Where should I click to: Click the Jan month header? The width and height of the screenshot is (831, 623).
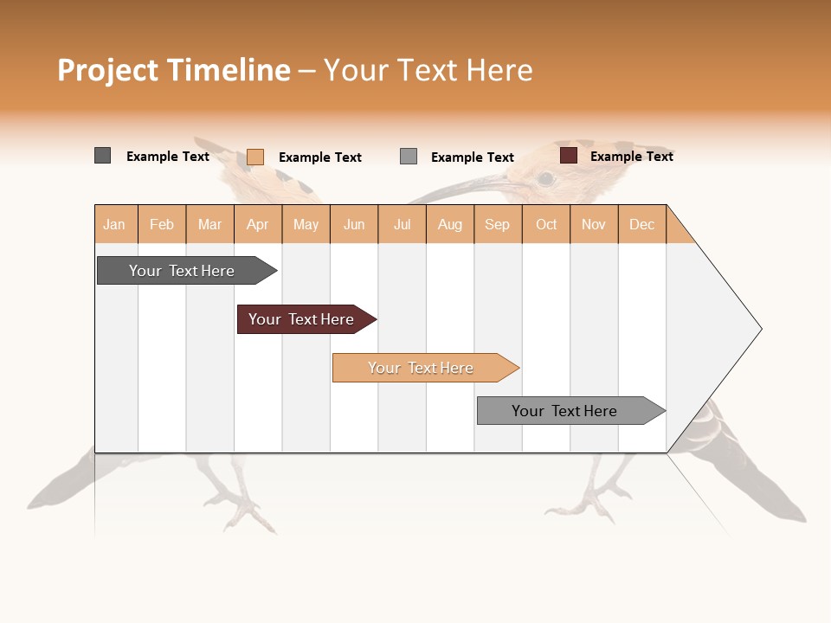pyautogui.click(x=115, y=224)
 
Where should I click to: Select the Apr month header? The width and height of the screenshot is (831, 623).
pyautogui.click(x=258, y=224)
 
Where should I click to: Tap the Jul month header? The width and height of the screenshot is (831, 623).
pyautogui.click(x=402, y=224)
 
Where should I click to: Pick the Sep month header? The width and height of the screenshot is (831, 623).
pyautogui.click(x=498, y=224)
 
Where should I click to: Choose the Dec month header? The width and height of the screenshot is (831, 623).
pyautogui.click(x=641, y=224)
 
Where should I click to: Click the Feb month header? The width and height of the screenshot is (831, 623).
pyautogui.click(x=162, y=224)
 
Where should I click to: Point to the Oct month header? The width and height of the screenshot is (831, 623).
pyautogui.click(x=546, y=224)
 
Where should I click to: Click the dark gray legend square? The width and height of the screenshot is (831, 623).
pyautogui.click(x=102, y=156)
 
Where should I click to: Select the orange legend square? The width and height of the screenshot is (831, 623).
pyautogui.click(x=254, y=157)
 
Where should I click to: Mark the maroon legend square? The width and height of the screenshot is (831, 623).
pyautogui.click(x=568, y=156)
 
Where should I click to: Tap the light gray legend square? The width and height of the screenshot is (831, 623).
pyautogui.click(x=409, y=157)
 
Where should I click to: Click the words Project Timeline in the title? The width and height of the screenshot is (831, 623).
pyautogui.click(x=174, y=70)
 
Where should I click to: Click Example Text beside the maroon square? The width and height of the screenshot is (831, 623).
pyautogui.click(x=631, y=157)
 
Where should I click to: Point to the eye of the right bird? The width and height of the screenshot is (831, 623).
pyautogui.click(x=545, y=179)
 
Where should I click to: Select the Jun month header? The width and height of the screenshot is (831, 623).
pyautogui.click(x=354, y=224)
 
